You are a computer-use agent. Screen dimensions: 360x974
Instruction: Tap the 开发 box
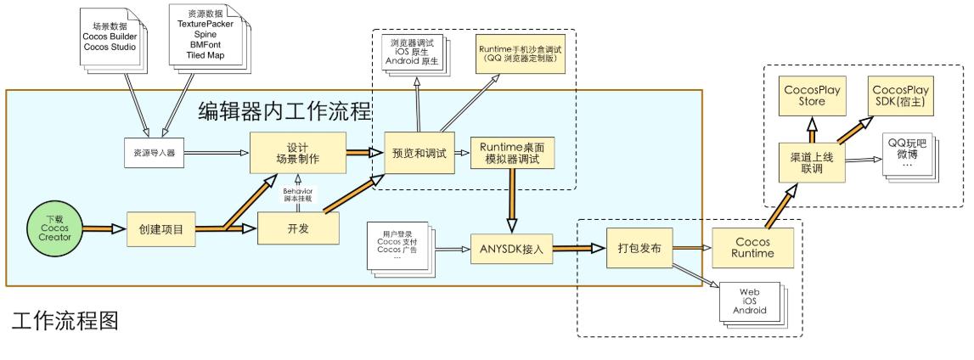tap(298, 228)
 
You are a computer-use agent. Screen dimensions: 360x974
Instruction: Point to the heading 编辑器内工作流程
tap(285, 111)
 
